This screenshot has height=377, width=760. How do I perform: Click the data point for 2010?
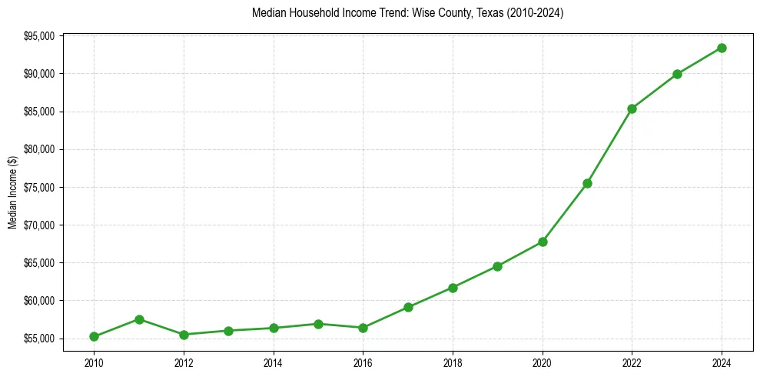(x=94, y=336)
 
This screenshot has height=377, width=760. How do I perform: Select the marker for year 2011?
(x=139, y=319)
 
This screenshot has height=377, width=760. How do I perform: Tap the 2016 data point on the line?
(x=363, y=328)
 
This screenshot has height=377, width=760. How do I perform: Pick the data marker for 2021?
(x=587, y=183)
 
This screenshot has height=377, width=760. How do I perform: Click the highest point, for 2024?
(x=722, y=48)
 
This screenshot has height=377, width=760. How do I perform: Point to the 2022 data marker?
(x=632, y=108)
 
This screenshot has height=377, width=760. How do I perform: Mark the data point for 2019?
(x=497, y=266)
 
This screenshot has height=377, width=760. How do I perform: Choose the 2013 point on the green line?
(x=228, y=331)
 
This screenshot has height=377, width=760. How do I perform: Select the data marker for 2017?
(x=408, y=307)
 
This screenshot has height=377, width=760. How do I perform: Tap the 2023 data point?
(x=677, y=74)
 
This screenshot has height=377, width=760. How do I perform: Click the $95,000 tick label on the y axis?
(x=39, y=36)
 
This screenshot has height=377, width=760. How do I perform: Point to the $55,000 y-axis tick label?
(x=39, y=339)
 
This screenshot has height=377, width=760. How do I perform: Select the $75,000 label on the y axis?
(x=39, y=188)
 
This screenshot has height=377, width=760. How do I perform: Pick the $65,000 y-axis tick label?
(x=39, y=263)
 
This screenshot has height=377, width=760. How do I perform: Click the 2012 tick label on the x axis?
(x=184, y=362)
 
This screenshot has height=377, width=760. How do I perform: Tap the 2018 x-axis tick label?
(x=453, y=362)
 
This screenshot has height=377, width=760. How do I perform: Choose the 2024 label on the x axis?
(x=722, y=362)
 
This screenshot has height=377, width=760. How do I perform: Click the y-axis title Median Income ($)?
(x=12, y=192)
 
